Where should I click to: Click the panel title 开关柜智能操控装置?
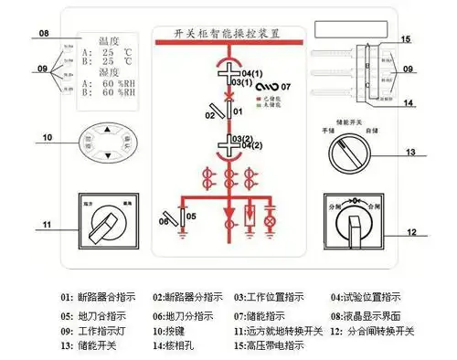(227, 33)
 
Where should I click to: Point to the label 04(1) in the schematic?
(252, 71)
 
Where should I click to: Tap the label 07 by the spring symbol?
(285, 85)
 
